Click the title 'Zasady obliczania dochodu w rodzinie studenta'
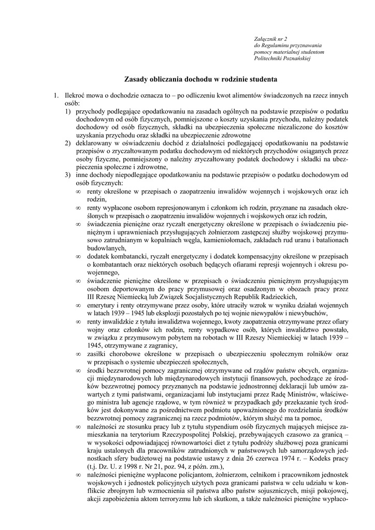(201, 80)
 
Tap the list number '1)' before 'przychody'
(68, 111)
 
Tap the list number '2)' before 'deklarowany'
(68, 142)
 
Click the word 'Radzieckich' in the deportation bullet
(277, 297)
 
